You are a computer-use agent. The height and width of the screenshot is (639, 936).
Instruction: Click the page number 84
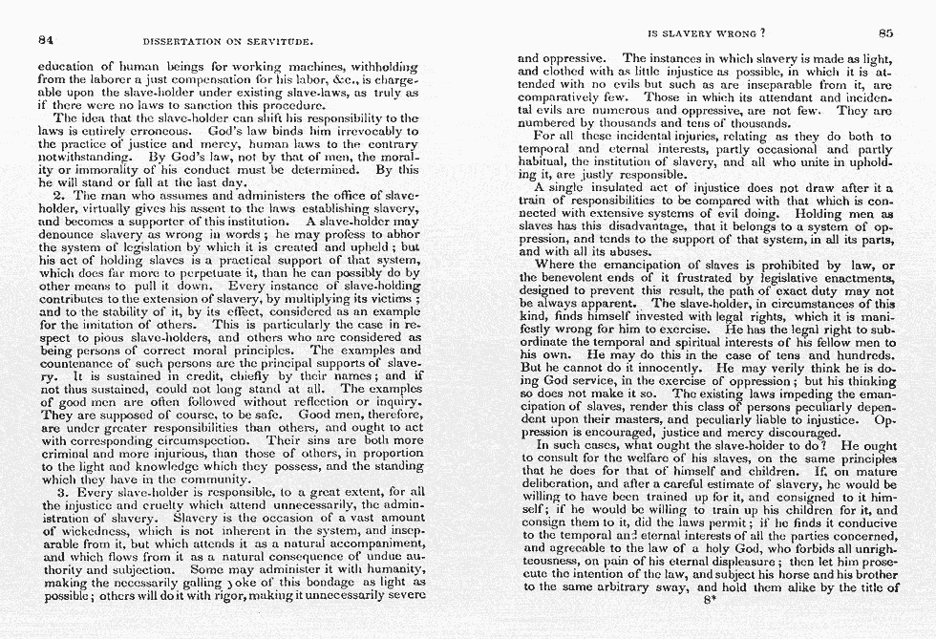(44, 40)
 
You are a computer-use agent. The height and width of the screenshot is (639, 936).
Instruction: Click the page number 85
(885, 32)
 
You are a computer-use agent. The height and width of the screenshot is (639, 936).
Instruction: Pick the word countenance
(76, 364)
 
